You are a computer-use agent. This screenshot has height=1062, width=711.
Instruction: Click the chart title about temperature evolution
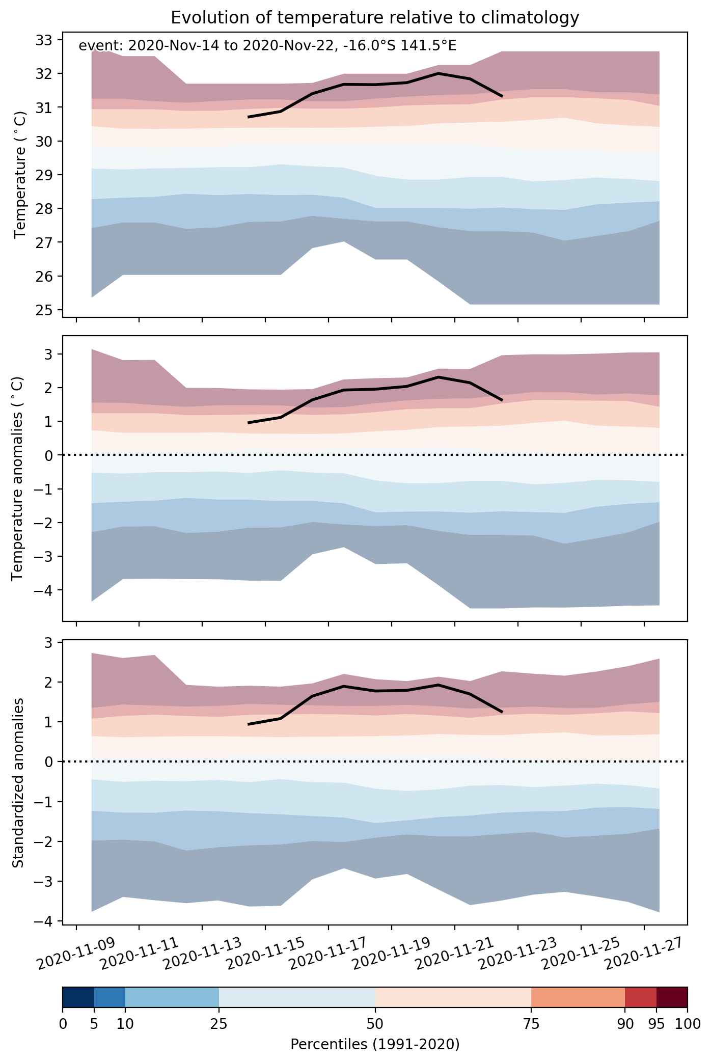[x=375, y=18]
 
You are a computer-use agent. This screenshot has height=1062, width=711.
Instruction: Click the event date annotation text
[x=267, y=46]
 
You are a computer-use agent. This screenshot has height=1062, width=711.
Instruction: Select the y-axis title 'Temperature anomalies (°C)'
[x=18, y=478]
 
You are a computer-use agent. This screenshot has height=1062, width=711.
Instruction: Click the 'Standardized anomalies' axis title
[x=18, y=782]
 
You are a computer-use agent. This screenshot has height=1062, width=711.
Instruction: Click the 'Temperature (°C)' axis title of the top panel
[x=20, y=175]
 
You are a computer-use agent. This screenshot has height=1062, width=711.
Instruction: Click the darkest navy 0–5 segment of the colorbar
[x=78, y=997]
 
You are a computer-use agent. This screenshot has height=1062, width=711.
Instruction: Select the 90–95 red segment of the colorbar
[x=641, y=997]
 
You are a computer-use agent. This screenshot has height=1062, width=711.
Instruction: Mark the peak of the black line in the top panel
[x=438, y=73]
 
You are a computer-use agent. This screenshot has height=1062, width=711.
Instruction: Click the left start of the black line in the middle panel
[x=249, y=423]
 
